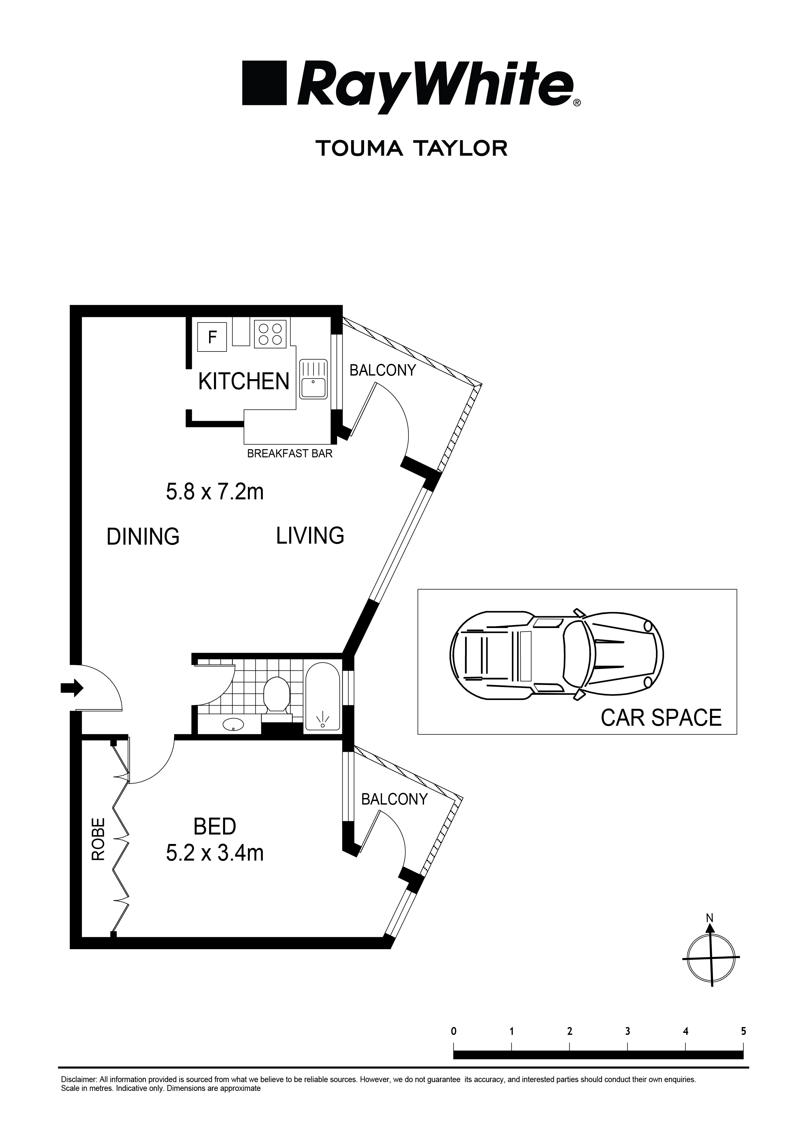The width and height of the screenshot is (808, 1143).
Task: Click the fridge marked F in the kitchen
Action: coord(213,337)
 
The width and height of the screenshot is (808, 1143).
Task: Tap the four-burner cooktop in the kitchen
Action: coord(270,334)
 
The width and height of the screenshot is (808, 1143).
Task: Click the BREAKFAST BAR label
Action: coord(290,453)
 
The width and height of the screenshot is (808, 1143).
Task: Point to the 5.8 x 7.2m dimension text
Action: coord(215,492)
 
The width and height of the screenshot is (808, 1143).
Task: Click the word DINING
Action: coord(143,537)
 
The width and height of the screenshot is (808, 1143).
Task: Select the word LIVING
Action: coord(310,536)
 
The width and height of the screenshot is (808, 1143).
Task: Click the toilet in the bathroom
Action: coord(276,697)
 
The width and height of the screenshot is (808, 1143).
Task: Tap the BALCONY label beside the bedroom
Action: coord(394,799)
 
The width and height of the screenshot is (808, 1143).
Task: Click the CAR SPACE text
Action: coord(661,717)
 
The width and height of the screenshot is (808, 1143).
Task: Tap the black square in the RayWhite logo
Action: coord(264,83)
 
